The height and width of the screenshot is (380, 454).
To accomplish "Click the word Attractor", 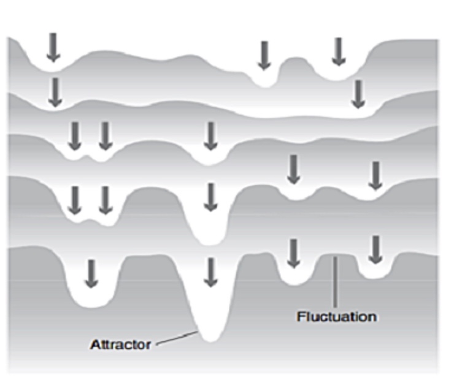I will (120, 344).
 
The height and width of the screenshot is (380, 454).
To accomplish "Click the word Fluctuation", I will (336, 317).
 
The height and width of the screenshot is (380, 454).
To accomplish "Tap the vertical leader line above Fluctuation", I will (335, 282).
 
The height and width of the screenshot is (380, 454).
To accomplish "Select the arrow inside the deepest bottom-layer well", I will (210, 272).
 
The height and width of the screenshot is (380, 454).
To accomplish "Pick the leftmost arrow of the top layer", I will (54, 47).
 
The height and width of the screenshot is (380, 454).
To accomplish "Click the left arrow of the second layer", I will (55, 92).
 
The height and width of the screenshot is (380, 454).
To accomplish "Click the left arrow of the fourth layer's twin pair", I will (75, 200).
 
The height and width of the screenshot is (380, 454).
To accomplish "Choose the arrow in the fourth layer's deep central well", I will (210, 197).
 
